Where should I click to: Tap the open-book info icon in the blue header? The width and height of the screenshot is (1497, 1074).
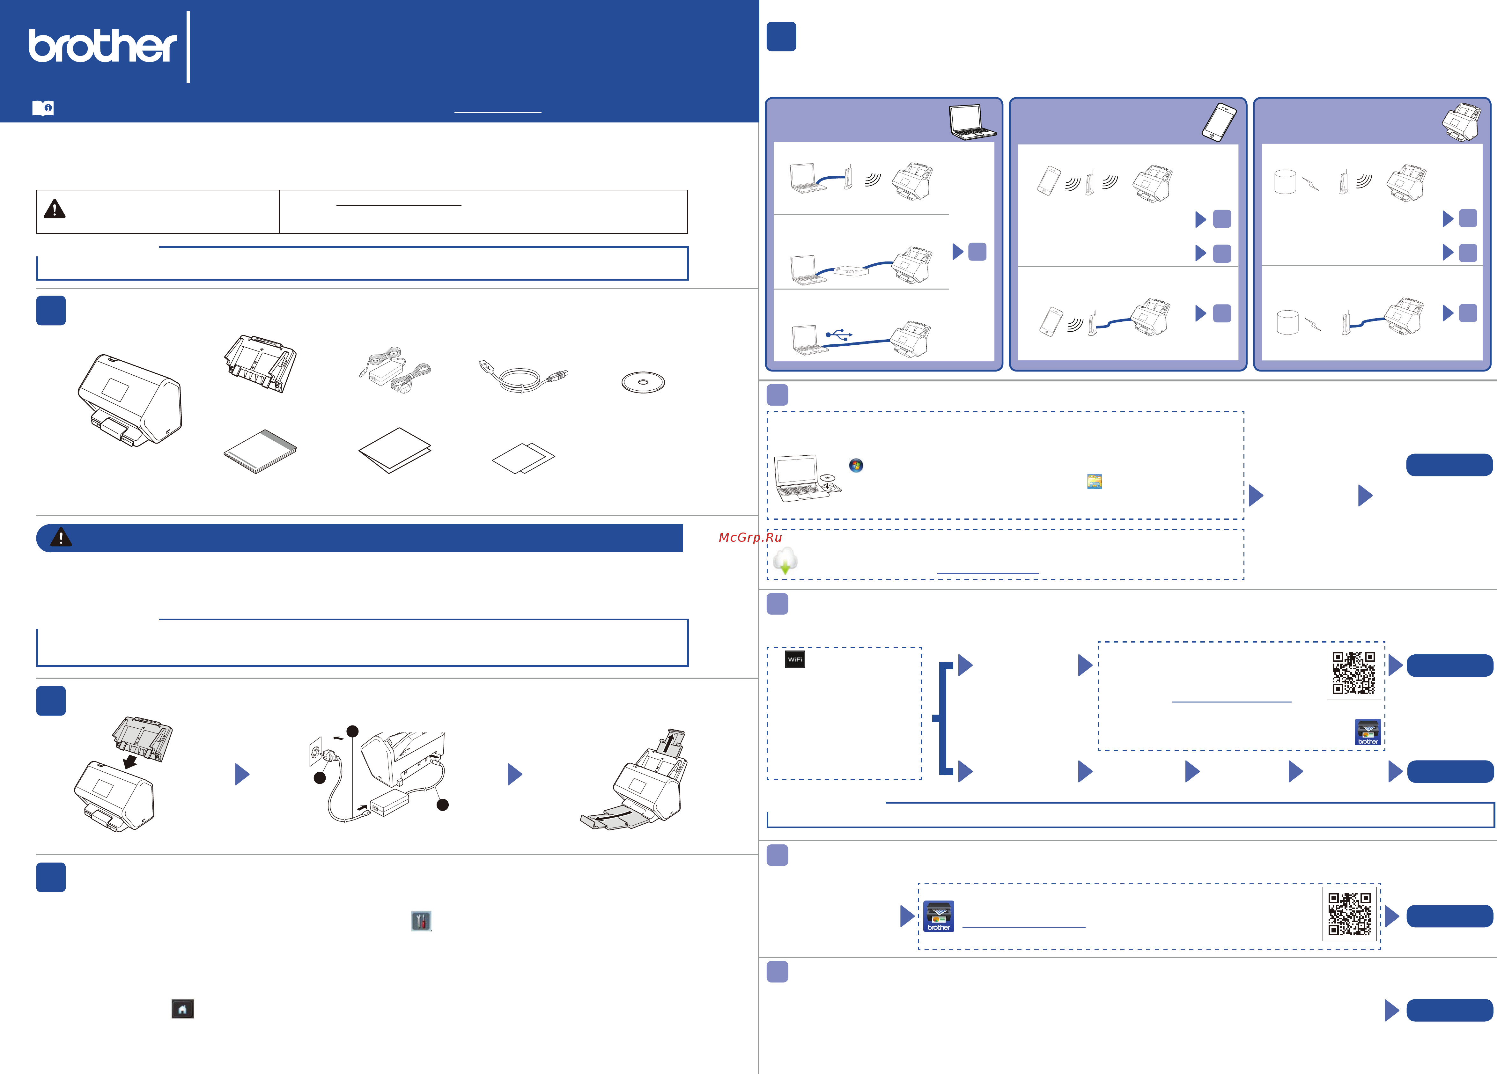click(x=43, y=108)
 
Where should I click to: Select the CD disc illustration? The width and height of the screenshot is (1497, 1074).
click(x=643, y=382)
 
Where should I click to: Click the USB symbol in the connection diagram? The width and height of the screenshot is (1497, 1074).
click(x=839, y=335)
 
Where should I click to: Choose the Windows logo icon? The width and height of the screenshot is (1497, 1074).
click(x=856, y=465)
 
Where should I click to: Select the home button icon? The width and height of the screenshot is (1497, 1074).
click(x=182, y=1009)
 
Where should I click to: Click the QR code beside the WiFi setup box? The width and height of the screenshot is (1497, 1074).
click(x=1354, y=673)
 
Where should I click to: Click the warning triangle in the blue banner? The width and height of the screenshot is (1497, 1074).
click(x=61, y=537)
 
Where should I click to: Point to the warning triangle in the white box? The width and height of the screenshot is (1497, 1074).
click(x=55, y=209)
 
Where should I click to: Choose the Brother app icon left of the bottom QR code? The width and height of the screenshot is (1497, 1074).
click(x=939, y=916)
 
